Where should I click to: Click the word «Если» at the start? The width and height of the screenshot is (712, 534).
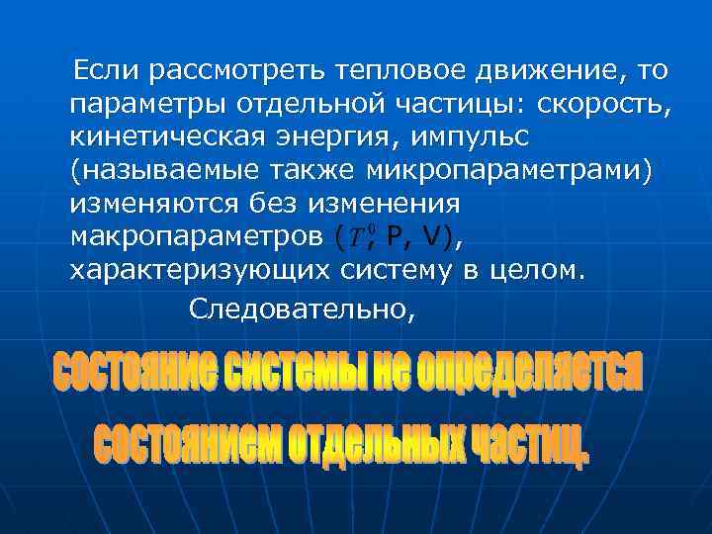coord(99,71)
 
